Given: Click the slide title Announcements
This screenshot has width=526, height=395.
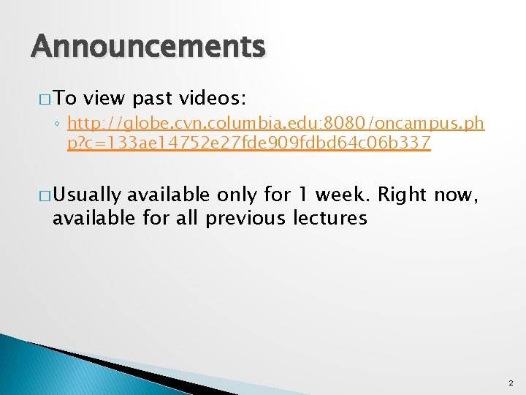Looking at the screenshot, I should [148, 48].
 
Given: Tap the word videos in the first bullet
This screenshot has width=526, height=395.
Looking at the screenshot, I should [218, 98].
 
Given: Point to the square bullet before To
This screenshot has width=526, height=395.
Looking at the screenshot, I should [38, 99].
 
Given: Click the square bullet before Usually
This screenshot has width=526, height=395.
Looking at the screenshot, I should [38, 195].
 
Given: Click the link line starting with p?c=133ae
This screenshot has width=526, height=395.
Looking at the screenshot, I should [248, 143].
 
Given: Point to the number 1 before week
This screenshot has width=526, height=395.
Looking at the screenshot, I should [301, 195].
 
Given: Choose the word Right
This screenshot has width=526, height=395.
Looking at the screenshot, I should [403, 195].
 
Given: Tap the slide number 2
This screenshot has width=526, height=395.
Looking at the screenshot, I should [510, 383].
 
